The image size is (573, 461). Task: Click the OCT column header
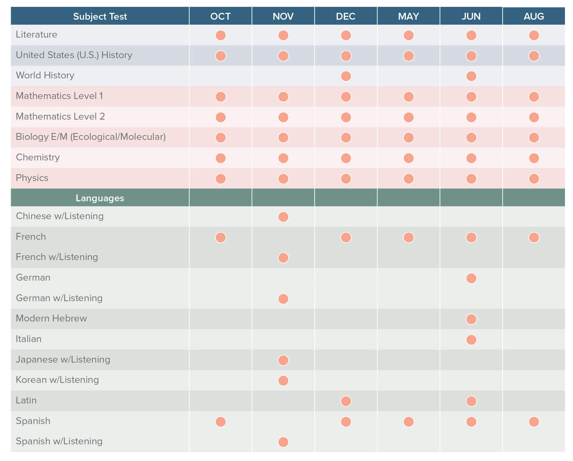[220, 16]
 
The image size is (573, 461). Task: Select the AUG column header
[534, 16]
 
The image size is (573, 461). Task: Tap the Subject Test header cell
[100, 16]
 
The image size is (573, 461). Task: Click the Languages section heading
[100, 198]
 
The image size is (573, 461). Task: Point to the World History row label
[45, 75]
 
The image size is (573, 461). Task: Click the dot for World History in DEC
[346, 76]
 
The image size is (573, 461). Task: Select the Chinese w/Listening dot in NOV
[283, 217]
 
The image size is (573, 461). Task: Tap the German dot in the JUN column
[471, 278]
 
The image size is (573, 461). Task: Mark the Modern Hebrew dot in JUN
[471, 319]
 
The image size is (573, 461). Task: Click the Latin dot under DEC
[346, 401]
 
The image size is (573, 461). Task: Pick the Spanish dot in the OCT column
[221, 422]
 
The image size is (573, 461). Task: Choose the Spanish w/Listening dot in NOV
[283, 442]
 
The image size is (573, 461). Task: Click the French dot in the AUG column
[534, 237]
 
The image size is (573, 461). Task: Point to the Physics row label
[32, 178]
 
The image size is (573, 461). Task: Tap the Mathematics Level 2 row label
[60, 116]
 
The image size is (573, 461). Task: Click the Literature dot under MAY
[409, 35]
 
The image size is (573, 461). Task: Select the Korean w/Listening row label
[57, 380]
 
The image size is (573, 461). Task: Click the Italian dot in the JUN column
[471, 340]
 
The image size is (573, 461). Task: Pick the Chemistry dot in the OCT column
[221, 158]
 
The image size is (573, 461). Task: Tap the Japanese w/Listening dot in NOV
[283, 360]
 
